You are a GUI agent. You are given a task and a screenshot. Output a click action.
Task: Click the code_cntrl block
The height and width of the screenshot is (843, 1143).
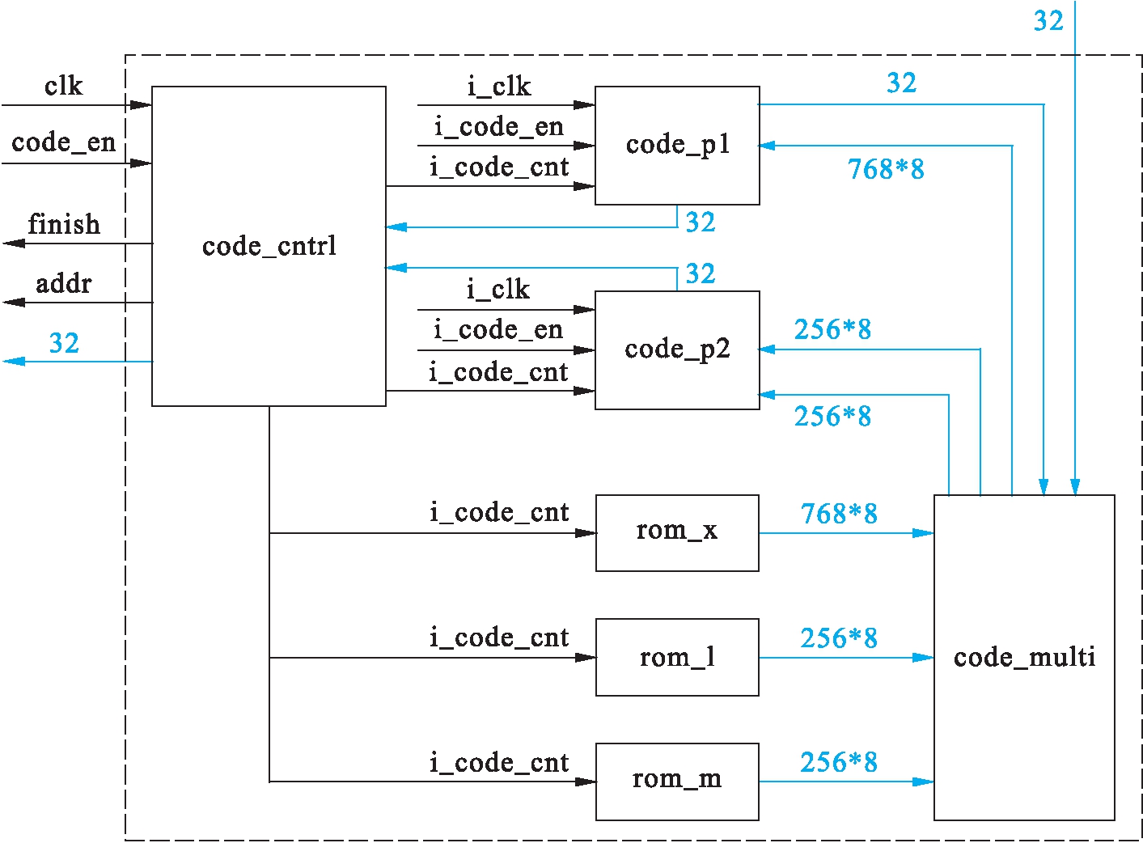tap(269, 246)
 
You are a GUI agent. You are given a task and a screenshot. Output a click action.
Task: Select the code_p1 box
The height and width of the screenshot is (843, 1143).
tap(677, 146)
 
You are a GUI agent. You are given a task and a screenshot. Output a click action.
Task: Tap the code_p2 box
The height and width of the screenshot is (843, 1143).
tap(677, 349)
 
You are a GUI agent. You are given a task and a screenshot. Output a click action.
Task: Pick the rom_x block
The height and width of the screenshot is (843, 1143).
tap(677, 532)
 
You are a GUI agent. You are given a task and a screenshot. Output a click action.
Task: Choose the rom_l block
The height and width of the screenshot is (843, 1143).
tap(677, 657)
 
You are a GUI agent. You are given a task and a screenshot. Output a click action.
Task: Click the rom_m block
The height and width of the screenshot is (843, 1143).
tap(677, 781)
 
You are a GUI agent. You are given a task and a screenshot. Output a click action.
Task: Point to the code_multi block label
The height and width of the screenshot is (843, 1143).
tap(1024, 657)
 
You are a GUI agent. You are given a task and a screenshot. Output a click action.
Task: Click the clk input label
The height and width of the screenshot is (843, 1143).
tap(63, 86)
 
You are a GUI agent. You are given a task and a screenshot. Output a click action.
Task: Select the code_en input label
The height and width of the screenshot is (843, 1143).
tap(63, 142)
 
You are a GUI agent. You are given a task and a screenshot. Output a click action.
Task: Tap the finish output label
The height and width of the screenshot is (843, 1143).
tap(64, 224)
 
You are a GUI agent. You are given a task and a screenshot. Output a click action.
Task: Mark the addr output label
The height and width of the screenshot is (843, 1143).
tap(63, 284)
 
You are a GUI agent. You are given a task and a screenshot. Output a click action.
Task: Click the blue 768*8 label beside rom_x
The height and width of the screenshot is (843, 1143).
tap(839, 514)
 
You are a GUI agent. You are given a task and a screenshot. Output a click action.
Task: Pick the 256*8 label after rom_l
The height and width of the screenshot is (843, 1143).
tap(839, 638)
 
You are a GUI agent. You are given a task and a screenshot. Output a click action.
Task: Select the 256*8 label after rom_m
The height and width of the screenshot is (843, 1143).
tap(839, 762)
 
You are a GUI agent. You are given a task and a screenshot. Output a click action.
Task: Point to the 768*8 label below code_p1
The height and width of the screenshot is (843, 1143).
tap(886, 169)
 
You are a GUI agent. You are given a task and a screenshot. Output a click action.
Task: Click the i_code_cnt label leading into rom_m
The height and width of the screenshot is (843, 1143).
tap(499, 763)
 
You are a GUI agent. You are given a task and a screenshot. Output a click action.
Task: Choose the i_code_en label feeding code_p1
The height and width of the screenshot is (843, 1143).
tap(498, 127)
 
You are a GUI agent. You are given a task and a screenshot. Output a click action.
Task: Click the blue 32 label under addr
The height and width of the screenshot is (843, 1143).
tap(64, 343)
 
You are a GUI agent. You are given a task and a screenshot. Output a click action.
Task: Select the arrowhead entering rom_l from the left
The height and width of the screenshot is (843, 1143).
tap(586, 658)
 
